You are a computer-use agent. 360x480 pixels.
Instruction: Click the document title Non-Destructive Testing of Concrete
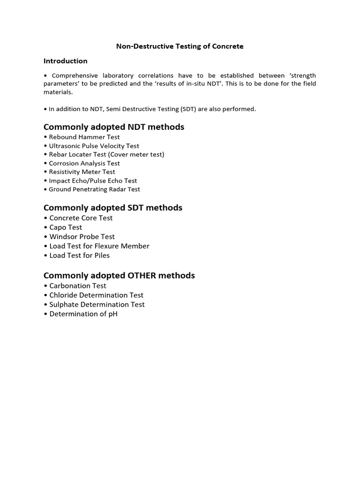(x=180, y=46)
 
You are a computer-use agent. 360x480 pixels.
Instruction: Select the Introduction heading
(x=65, y=61)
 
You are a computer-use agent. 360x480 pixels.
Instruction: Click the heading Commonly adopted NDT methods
(x=113, y=127)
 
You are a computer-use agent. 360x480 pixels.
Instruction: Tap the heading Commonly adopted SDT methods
(x=112, y=208)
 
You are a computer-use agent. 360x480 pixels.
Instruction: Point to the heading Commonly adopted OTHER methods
(x=119, y=276)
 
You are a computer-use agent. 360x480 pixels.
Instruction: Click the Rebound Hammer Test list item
(x=84, y=137)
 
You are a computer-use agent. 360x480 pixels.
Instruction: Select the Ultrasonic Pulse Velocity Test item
(x=94, y=146)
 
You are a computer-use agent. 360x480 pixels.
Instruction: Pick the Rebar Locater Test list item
(x=106, y=154)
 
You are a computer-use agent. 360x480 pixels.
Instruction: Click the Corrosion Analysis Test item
(x=84, y=163)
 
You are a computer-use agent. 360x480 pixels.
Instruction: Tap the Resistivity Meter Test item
(x=82, y=172)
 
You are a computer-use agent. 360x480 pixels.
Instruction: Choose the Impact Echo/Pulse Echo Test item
(x=93, y=180)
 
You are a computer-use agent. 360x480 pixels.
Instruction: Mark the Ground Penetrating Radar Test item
(x=94, y=189)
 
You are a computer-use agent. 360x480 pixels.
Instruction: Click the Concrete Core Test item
(x=81, y=218)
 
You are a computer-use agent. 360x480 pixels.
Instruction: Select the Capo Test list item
(x=66, y=227)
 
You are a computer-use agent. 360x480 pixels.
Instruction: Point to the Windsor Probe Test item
(x=82, y=237)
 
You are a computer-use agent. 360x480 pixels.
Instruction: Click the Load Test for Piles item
(x=79, y=255)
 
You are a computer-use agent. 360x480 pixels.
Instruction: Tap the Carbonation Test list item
(x=77, y=286)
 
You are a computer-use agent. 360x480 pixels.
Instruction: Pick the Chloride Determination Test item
(x=96, y=295)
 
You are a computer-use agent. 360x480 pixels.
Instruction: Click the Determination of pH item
(x=83, y=314)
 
